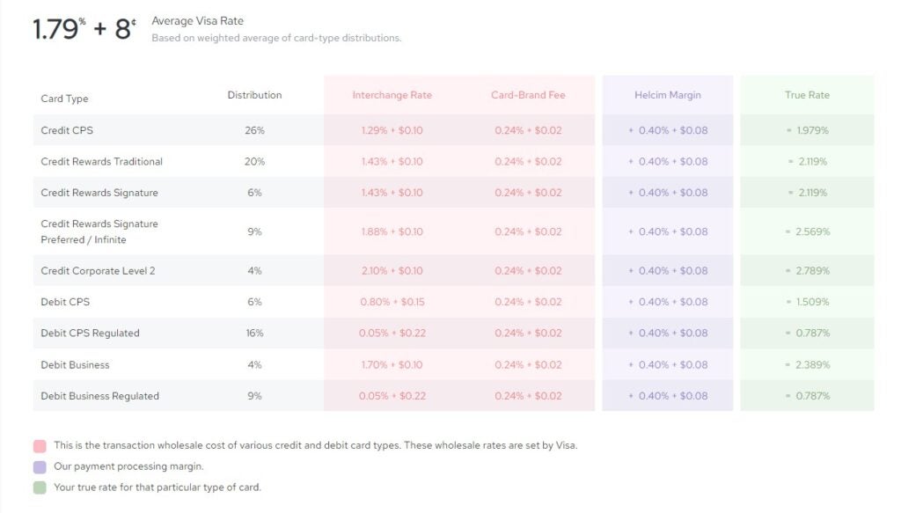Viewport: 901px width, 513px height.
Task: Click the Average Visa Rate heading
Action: (x=197, y=21)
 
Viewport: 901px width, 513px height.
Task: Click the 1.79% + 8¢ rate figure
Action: (x=84, y=29)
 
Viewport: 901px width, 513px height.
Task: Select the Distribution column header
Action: (x=254, y=95)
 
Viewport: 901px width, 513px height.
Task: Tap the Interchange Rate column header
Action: (x=392, y=95)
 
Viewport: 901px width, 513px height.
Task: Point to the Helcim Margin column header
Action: (x=668, y=95)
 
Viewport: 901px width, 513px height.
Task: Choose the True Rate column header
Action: (x=807, y=95)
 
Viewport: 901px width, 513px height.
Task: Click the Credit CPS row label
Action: (x=67, y=130)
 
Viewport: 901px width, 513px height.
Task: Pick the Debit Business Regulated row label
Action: (x=99, y=396)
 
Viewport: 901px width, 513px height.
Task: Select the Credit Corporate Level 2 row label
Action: (x=98, y=271)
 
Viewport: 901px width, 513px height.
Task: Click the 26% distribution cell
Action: (x=254, y=130)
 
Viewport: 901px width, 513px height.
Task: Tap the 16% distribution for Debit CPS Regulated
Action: (x=254, y=333)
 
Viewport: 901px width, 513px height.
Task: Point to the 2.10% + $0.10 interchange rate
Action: (x=392, y=271)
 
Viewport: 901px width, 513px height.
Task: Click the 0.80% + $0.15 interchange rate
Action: (x=392, y=302)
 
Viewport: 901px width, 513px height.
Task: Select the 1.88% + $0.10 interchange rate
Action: (x=392, y=232)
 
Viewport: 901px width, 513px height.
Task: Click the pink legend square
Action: (x=40, y=446)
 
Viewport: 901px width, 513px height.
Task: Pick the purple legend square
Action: (x=40, y=467)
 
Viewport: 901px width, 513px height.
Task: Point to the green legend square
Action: (x=40, y=487)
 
